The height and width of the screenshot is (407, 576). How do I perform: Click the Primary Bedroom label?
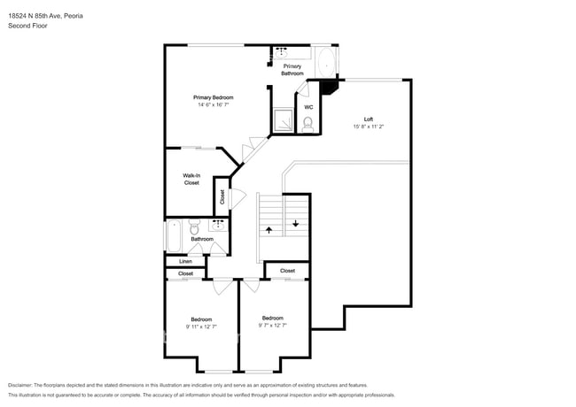coord(213,97)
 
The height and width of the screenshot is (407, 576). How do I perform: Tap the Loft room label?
coord(369,119)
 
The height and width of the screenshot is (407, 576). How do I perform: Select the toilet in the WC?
coord(307,124)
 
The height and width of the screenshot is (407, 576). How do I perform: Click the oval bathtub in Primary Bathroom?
coord(326,63)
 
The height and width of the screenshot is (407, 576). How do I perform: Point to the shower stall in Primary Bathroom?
coord(284,120)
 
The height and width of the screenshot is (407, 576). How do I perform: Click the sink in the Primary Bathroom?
coord(282,53)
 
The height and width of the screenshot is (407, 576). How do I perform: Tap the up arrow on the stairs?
coord(269,230)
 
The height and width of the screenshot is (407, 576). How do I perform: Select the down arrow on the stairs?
coord(296,223)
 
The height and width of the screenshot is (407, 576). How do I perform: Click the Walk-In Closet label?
coord(191,179)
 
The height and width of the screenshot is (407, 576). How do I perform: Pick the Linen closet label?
coord(185,261)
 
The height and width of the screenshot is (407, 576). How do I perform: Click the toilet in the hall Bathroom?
coord(194,227)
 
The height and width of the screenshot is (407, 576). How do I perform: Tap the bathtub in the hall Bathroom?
coord(174,235)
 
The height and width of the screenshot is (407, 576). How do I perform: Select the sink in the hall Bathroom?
coord(219,225)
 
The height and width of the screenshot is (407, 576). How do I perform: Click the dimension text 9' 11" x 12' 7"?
coord(201,326)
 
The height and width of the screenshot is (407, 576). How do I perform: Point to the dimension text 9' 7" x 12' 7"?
coord(273,326)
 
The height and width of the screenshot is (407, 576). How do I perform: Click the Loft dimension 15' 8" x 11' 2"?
coord(369,127)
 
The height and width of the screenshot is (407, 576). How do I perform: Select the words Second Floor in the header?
coord(27,26)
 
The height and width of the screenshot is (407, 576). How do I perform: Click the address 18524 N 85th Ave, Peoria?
coord(45,16)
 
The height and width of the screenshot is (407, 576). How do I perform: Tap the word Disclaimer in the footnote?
coord(20,385)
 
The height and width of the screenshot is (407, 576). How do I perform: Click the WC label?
coord(308,107)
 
